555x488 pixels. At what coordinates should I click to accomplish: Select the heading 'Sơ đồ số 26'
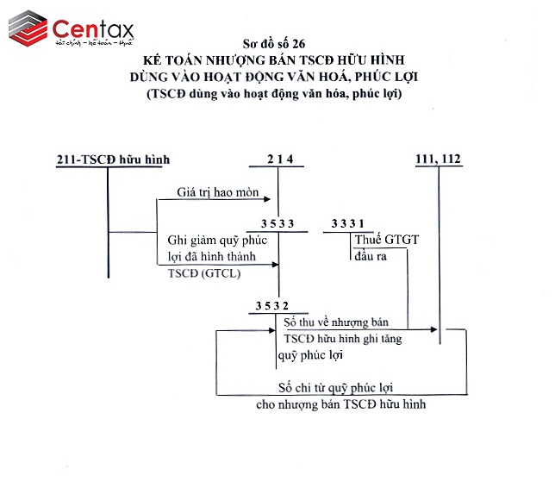[x=275, y=42]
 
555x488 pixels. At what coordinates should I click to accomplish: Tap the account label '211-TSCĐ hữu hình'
[x=112, y=160]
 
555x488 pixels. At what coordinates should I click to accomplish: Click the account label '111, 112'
[x=440, y=159]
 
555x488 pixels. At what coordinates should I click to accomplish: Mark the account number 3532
[x=272, y=305]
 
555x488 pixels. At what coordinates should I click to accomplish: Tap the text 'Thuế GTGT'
[x=386, y=241]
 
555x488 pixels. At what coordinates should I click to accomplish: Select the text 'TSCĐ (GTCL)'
[x=203, y=272]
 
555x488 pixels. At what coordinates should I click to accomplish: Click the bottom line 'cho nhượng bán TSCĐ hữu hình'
[x=341, y=403]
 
